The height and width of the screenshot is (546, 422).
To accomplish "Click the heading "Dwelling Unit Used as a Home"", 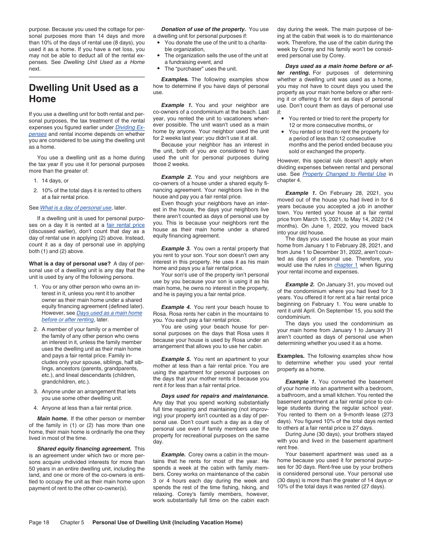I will click(x=83, y=93).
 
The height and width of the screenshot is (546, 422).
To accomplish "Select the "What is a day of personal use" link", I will click(x=75, y=207).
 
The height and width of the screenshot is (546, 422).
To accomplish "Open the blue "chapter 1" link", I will click(x=346, y=265).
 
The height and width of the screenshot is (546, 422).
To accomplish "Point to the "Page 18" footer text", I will click(x=39, y=522).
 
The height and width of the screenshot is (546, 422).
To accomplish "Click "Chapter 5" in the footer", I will click(x=72, y=522).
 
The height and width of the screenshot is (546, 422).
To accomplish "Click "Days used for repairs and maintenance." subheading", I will click(x=215, y=396).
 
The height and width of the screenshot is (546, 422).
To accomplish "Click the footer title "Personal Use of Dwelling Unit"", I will click(x=167, y=522).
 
